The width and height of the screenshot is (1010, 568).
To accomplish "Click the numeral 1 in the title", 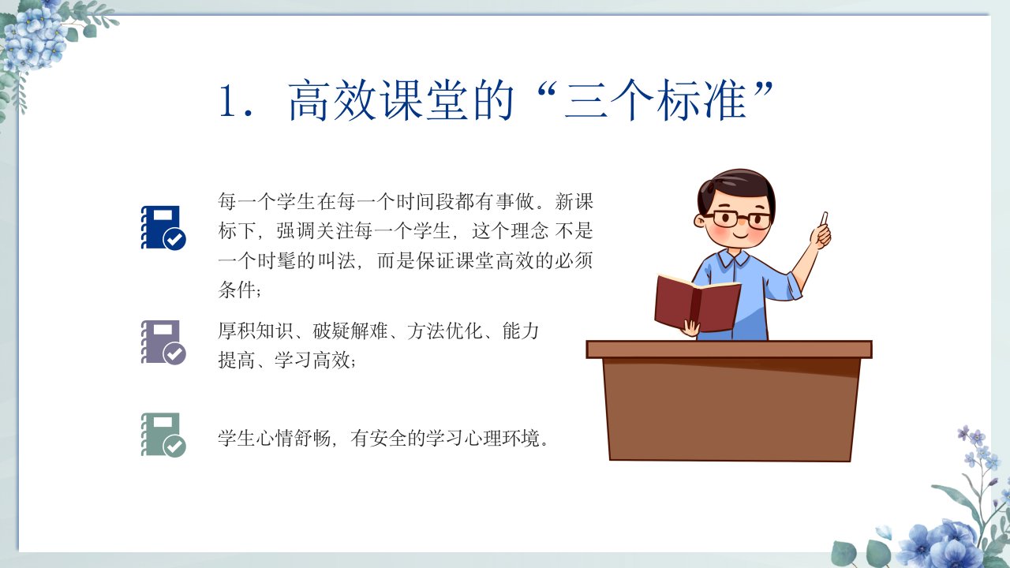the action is pos(228,100).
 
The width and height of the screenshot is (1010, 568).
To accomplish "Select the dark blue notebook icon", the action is pos(163,228).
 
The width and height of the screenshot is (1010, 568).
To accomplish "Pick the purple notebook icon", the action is pos(163,342).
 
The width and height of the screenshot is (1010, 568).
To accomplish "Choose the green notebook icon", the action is pos(163,435).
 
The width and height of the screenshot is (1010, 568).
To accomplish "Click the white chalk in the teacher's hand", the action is pos(824,219).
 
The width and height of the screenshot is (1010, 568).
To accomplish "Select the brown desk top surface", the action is pos(729,349).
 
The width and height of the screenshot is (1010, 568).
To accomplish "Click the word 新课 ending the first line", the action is pos(574,201).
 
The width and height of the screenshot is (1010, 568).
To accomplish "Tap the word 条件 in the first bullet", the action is pos(238,289).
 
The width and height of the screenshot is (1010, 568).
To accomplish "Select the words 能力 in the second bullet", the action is pos(520,331).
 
